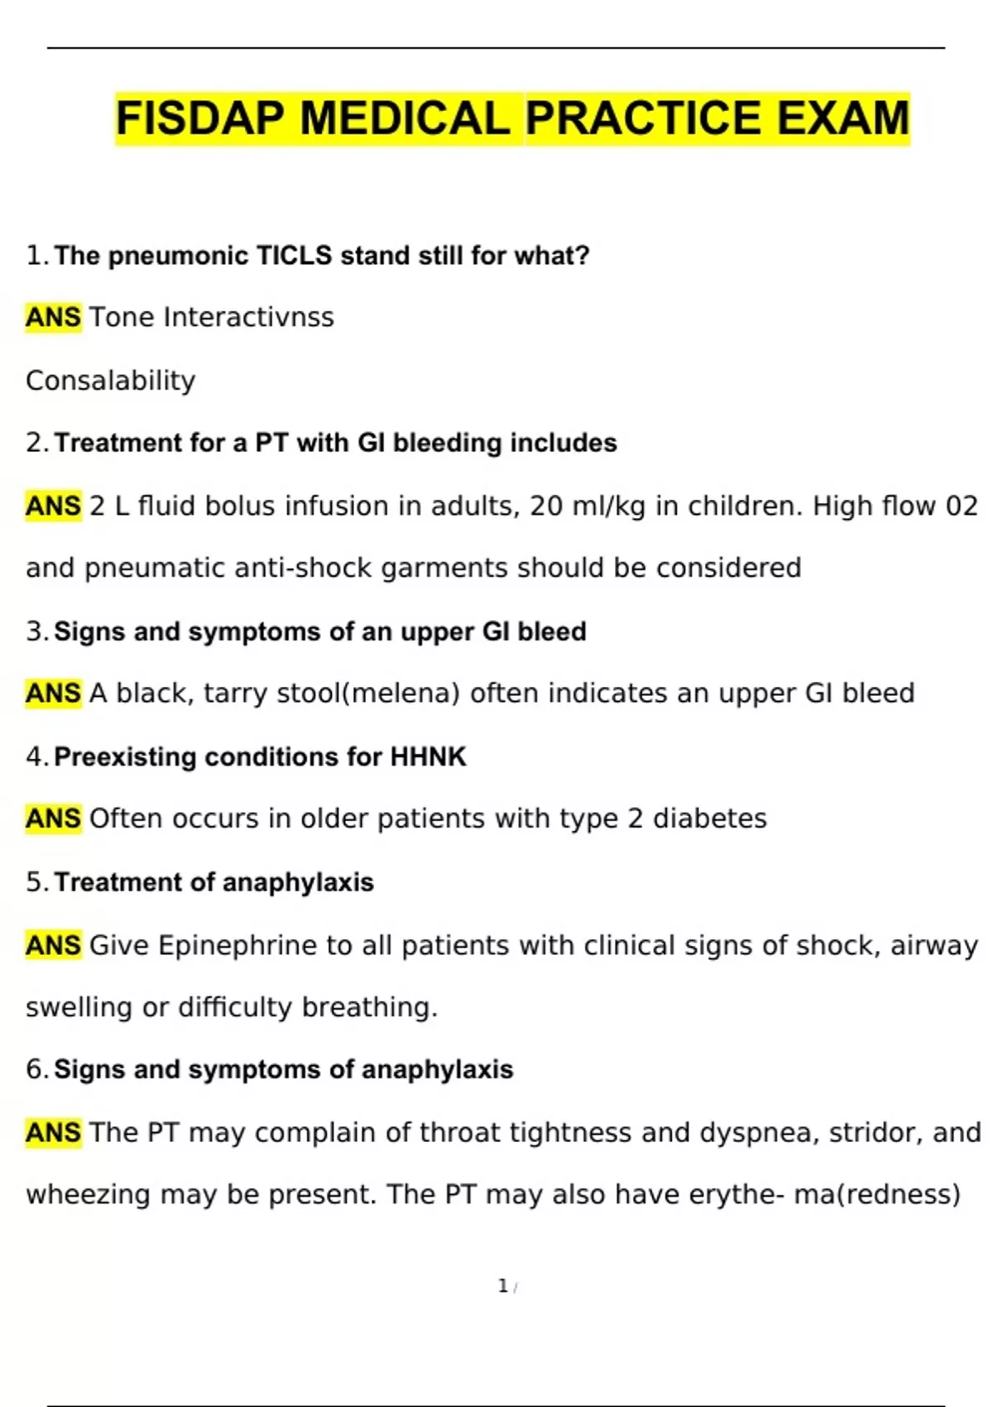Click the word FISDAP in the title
click(x=200, y=118)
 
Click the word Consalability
click(x=111, y=381)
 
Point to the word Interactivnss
click(x=249, y=318)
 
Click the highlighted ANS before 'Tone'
click(x=53, y=318)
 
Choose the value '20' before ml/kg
click(x=547, y=506)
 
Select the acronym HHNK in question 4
click(x=428, y=756)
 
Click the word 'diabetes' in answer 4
click(x=710, y=819)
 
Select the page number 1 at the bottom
click(x=503, y=1286)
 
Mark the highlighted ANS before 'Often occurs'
click(x=53, y=819)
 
